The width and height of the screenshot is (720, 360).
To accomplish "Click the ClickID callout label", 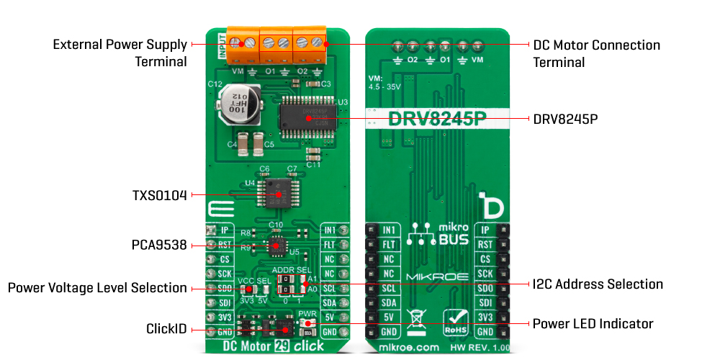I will (x=166, y=329).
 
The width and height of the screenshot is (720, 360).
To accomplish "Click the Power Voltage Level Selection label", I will (x=97, y=288).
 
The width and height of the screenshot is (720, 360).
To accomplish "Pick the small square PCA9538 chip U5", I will (x=276, y=247).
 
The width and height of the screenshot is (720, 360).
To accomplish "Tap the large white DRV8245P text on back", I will (x=436, y=119).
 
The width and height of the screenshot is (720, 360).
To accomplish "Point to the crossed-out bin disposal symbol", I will (x=416, y=321).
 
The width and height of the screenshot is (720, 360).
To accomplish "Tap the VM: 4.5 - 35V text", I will (x=383, y=81).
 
